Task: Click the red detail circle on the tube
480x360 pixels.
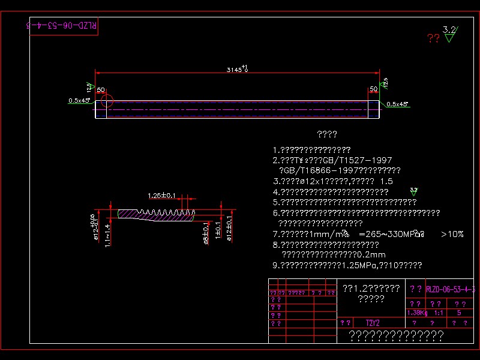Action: [106, 100]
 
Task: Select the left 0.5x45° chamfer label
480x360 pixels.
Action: [79, 101]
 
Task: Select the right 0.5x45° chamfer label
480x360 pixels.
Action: [397, 104]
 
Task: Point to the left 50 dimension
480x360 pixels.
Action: [101, 89]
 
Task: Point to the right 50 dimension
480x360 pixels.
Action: [373, 89]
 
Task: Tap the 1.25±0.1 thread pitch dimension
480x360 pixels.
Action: [161, 196]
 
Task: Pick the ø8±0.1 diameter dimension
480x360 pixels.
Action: [206, 230]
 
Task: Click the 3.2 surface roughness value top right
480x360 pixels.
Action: [449, 29]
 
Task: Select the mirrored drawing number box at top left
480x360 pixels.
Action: [64, 26]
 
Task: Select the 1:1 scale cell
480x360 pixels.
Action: [439, 313]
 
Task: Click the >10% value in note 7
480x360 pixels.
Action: [452, 234]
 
